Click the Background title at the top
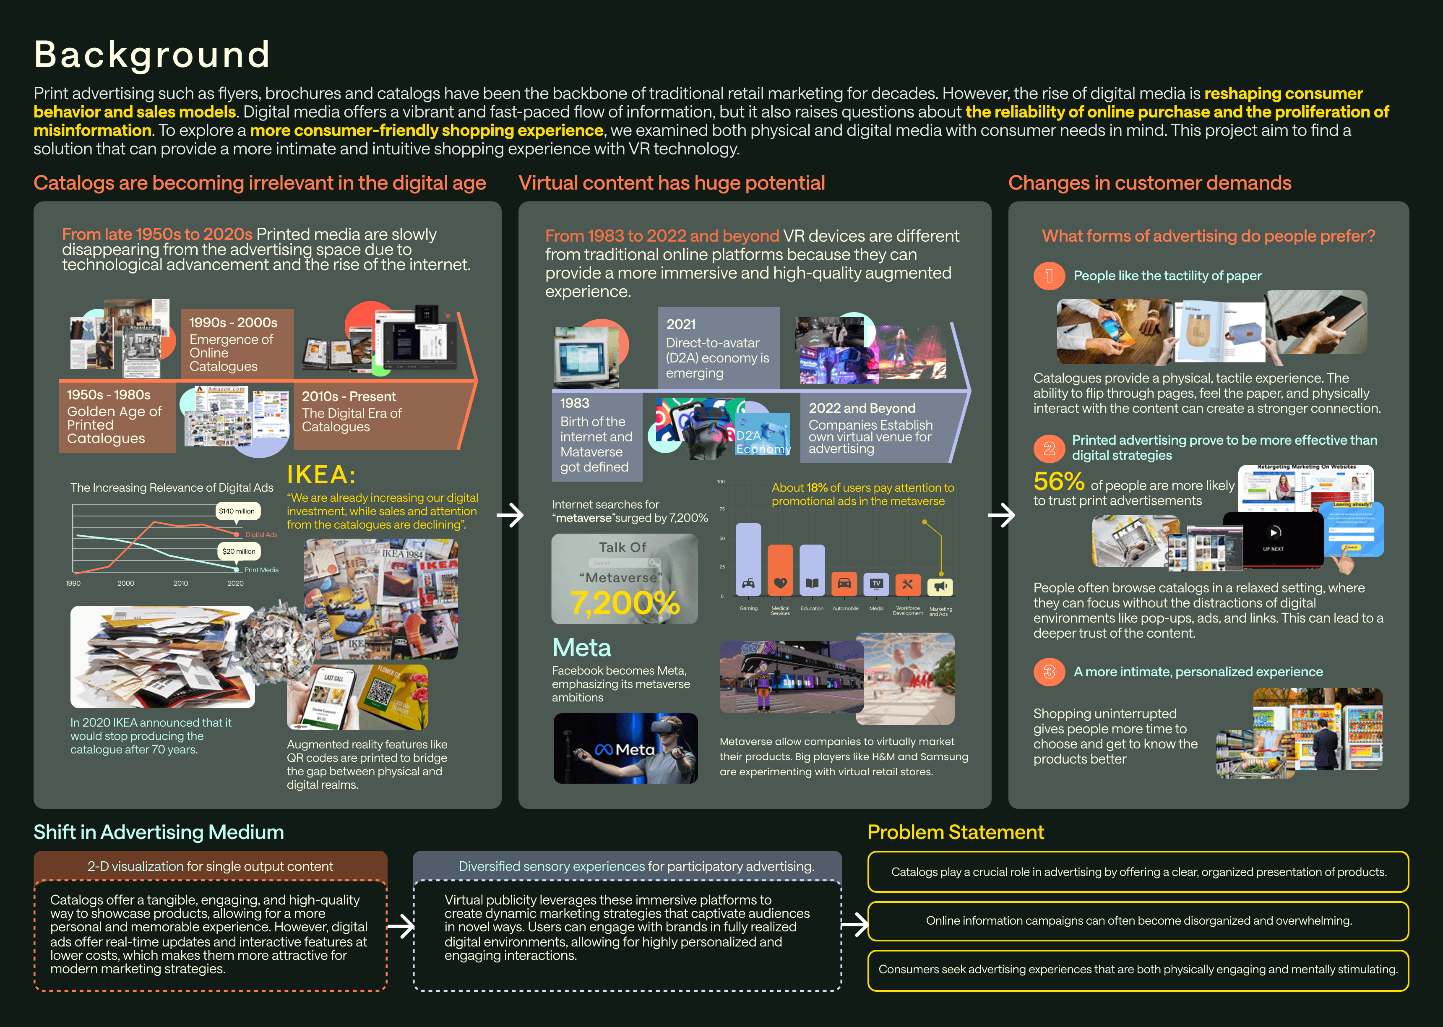[152, 55]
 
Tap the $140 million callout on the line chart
[237, 511]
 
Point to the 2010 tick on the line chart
[181, 583]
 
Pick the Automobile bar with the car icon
[844, 583]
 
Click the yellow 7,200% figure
[625, 603]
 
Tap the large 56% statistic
[1058, 482]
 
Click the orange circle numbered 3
[1049, 672]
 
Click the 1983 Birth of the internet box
[596, 435]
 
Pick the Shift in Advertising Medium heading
[158, 832]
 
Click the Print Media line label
[261, 570]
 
